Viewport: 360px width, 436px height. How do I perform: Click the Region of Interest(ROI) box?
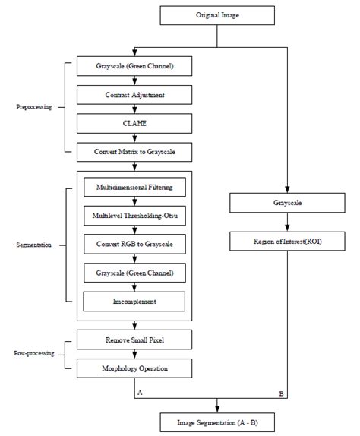(286, 242)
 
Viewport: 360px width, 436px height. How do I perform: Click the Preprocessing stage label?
(34, 108)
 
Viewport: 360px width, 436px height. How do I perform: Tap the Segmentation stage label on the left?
(33, 245)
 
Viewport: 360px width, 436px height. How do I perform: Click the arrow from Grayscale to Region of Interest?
(286, 223)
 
